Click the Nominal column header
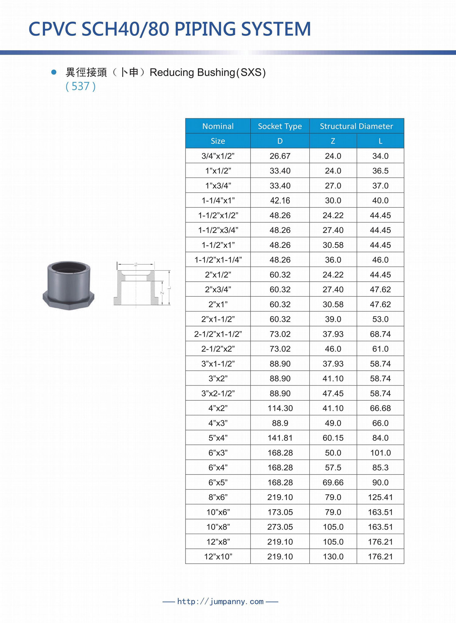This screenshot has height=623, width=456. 218,126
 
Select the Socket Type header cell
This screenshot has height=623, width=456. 280,126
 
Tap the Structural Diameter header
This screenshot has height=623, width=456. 356,126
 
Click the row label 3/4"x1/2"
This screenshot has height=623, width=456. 218,156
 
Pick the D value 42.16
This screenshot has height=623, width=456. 280,200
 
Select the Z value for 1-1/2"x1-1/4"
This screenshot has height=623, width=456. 333,260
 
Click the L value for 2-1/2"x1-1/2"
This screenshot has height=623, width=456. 380,334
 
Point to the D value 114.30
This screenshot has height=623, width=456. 280,408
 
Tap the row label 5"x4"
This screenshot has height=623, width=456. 218,438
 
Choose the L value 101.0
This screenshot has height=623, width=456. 380,453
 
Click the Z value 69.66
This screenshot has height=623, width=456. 333,482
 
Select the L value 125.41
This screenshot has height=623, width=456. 380,497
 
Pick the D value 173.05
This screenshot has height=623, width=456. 280,512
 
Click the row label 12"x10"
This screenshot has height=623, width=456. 218,557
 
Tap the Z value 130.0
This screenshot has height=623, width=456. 333,557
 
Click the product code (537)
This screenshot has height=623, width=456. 81,86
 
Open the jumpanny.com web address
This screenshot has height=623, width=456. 220,601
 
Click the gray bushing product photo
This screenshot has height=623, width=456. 68,285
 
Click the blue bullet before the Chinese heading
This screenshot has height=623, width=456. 54,72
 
